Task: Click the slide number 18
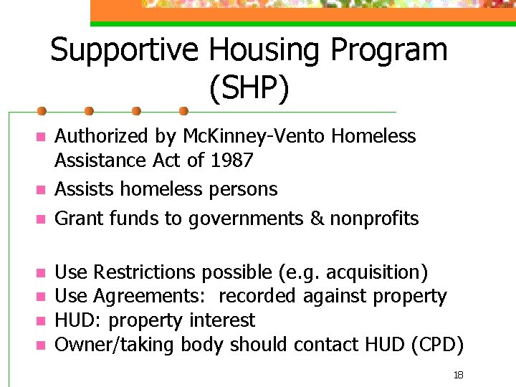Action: pyautogui.click(x=459, y=375)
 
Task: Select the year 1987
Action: pyautogui.click(x=232, y=160)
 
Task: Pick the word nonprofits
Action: pyautogui.click(x=374, y=218)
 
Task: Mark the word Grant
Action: pyautogui.click(x=75, y=218)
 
